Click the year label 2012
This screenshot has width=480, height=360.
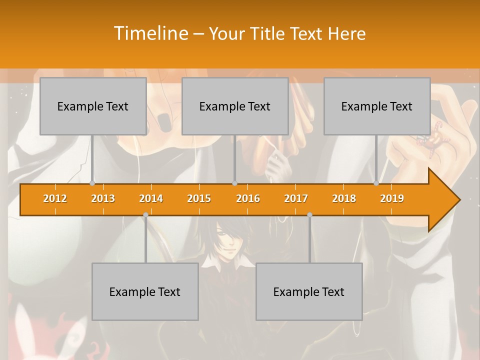[55, 198]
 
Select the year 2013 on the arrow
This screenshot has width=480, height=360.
[103, 198]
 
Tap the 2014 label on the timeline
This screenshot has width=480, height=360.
[151, 198]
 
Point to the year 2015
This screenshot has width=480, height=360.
[199, 198]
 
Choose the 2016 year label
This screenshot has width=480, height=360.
[248, 198]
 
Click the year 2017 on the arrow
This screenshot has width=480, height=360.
[296, 198]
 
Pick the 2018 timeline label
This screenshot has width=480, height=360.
[344, 198]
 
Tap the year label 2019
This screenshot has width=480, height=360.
[392, 198]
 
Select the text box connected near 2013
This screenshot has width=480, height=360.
[93, 106]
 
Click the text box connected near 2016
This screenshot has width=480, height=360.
[235, 106]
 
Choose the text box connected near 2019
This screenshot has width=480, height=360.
[377, 106]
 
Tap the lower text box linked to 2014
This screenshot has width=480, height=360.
[145, 291]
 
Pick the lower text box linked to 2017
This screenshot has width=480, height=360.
[309, 291]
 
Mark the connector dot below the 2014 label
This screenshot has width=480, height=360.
[145, 214]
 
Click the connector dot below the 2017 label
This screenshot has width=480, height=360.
[309, 214]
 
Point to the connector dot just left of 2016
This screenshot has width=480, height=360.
[235, 183]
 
